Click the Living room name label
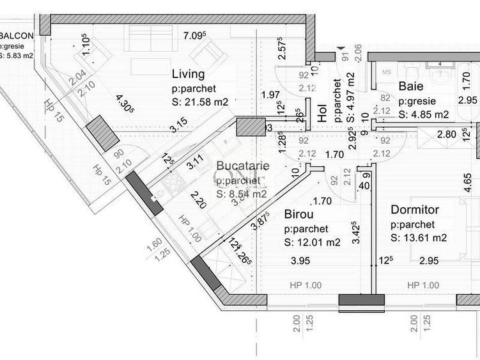(x=188, y=73)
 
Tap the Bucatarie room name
(x=242, y=166)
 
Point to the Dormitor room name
(x=414, y=209)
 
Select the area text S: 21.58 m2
(x=200, y=101)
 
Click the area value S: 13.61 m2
(x=419, y=238)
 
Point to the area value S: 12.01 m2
(x=312, y=242)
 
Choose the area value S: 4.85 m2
(x=423, y=115)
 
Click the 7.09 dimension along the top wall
(x=194, y=36)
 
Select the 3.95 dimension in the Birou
(x=300, y=260)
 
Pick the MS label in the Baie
(x=386, y=72)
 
